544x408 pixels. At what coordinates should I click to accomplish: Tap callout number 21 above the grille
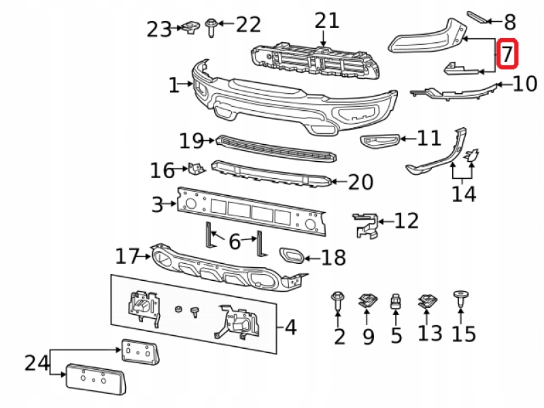[326, 20]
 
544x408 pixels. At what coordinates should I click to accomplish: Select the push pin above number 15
[460, 297]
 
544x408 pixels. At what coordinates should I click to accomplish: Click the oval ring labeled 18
[292, 256]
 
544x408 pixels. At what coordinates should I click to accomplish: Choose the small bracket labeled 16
[197, 167]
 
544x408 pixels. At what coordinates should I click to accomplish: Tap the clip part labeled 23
[188, 28]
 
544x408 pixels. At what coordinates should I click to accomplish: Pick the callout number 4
[290, 328]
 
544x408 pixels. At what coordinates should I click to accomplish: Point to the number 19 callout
[191, 141]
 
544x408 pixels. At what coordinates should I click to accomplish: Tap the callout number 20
[360, 182]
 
